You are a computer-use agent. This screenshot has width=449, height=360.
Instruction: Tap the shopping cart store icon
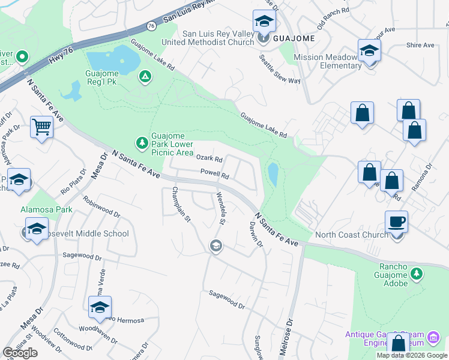tap(41, 127)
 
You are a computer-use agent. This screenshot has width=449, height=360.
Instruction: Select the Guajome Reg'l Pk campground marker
tap(145, 76)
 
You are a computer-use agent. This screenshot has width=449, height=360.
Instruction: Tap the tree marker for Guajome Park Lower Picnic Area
tap(142, 143)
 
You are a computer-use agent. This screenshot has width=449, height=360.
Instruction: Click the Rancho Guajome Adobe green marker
tap(417, 274)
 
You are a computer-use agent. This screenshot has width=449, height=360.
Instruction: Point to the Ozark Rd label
tap(209, 160)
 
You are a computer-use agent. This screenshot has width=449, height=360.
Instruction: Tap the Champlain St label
tap(181, 205)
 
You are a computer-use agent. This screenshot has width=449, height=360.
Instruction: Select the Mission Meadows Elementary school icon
tap(369, 50)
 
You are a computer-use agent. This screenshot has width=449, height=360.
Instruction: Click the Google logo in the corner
tap(20, 353)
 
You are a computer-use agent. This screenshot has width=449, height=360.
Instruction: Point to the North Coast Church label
tap(351, 235)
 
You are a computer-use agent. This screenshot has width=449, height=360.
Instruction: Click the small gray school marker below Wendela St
tap(215, 245)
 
